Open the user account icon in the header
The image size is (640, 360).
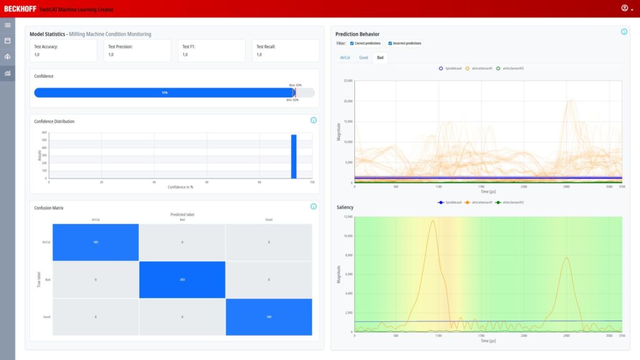[624, 8]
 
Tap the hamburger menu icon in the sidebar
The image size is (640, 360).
[7, 25]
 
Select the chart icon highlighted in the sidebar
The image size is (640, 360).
[7, 73]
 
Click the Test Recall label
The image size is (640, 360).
[266, 46]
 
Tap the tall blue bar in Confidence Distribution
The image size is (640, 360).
[294, 156]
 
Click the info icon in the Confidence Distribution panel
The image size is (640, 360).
[313, 120]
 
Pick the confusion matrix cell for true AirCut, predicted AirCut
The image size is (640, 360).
[95, 241]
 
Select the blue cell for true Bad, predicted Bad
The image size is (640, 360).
[182, 279]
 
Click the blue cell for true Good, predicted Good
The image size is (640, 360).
[269, 317]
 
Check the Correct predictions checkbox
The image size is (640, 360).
[352, 44]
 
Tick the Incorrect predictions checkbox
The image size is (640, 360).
[390, 44]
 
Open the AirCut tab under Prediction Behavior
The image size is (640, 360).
[345, 57]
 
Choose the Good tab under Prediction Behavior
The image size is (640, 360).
[363, 57]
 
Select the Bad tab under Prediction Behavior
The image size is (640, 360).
[380, 57]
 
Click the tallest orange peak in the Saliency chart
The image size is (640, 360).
[432, 221]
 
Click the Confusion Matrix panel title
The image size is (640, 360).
[49, 207]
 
